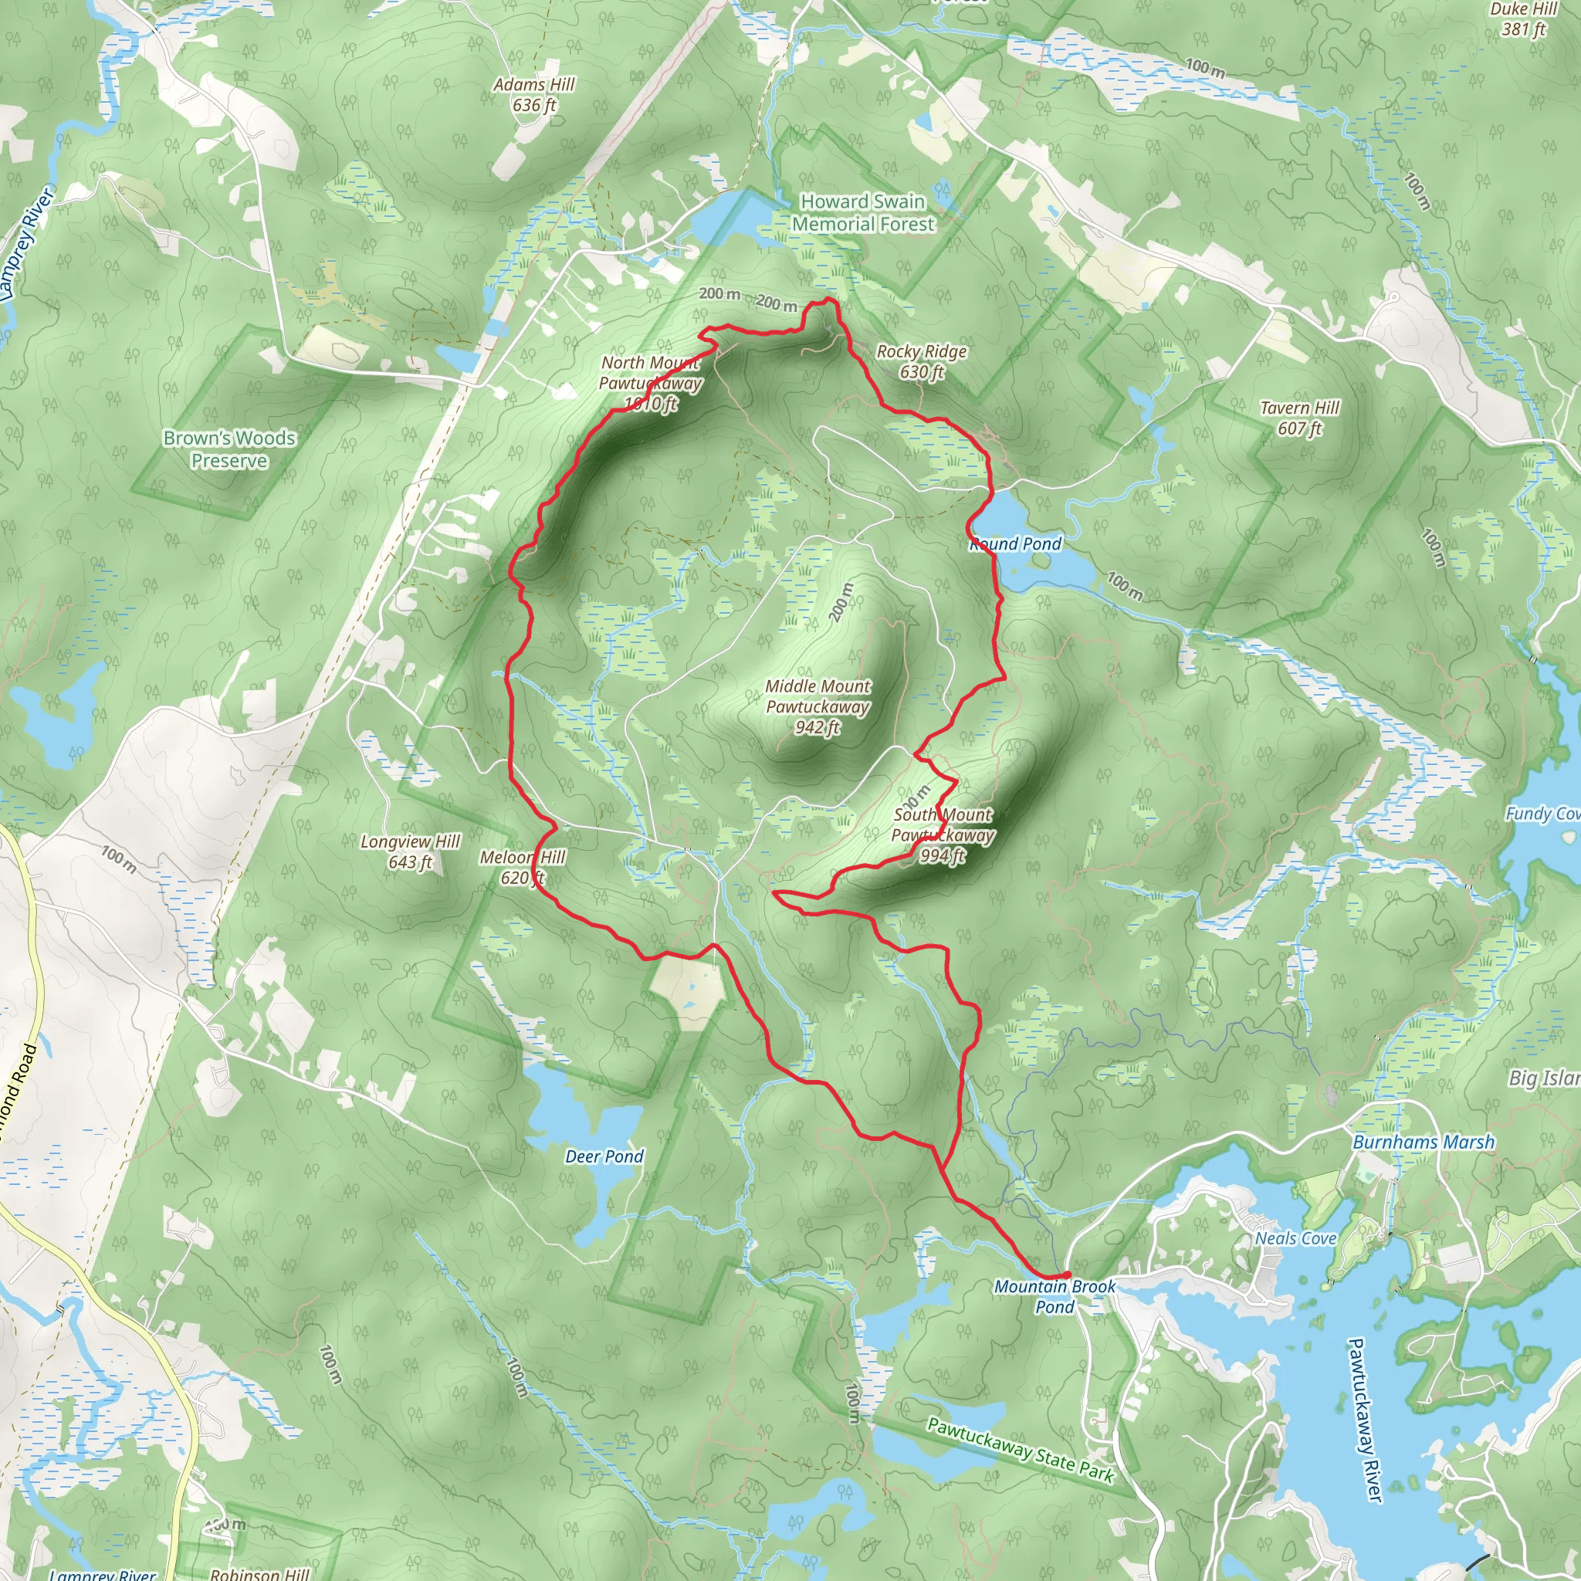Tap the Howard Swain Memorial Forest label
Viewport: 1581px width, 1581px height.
[x=862, y=213]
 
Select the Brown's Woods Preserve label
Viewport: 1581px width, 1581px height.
[x=229, y=449]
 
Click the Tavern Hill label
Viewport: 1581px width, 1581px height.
[x=1299, y=418]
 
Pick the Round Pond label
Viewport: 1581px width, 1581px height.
[x=1016, y=544]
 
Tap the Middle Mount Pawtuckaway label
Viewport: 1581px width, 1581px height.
[x=818, y=706]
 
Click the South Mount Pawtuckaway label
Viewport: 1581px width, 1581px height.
[x=943, y=835]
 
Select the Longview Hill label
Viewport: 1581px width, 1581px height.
[x=410, y=851]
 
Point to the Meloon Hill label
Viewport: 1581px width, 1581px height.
[x=522, y=868]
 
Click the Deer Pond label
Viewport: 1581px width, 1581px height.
[x=604, y=1156]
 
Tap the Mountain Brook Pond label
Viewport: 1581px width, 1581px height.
[x=1054, y=1296]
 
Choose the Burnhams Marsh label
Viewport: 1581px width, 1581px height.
[x=1423, y=1142]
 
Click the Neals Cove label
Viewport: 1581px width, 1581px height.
[x=1295, y=1238]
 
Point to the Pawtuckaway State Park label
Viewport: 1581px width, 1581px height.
[x=1021, y=1451]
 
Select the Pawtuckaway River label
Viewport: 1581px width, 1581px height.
[x=1365, y=1420]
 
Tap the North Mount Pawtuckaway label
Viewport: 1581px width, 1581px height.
[x=651, y=383]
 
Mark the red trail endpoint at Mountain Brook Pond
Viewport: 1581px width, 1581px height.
[x=1066, y=1275]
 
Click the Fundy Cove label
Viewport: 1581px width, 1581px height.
[x=1542, y=814]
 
